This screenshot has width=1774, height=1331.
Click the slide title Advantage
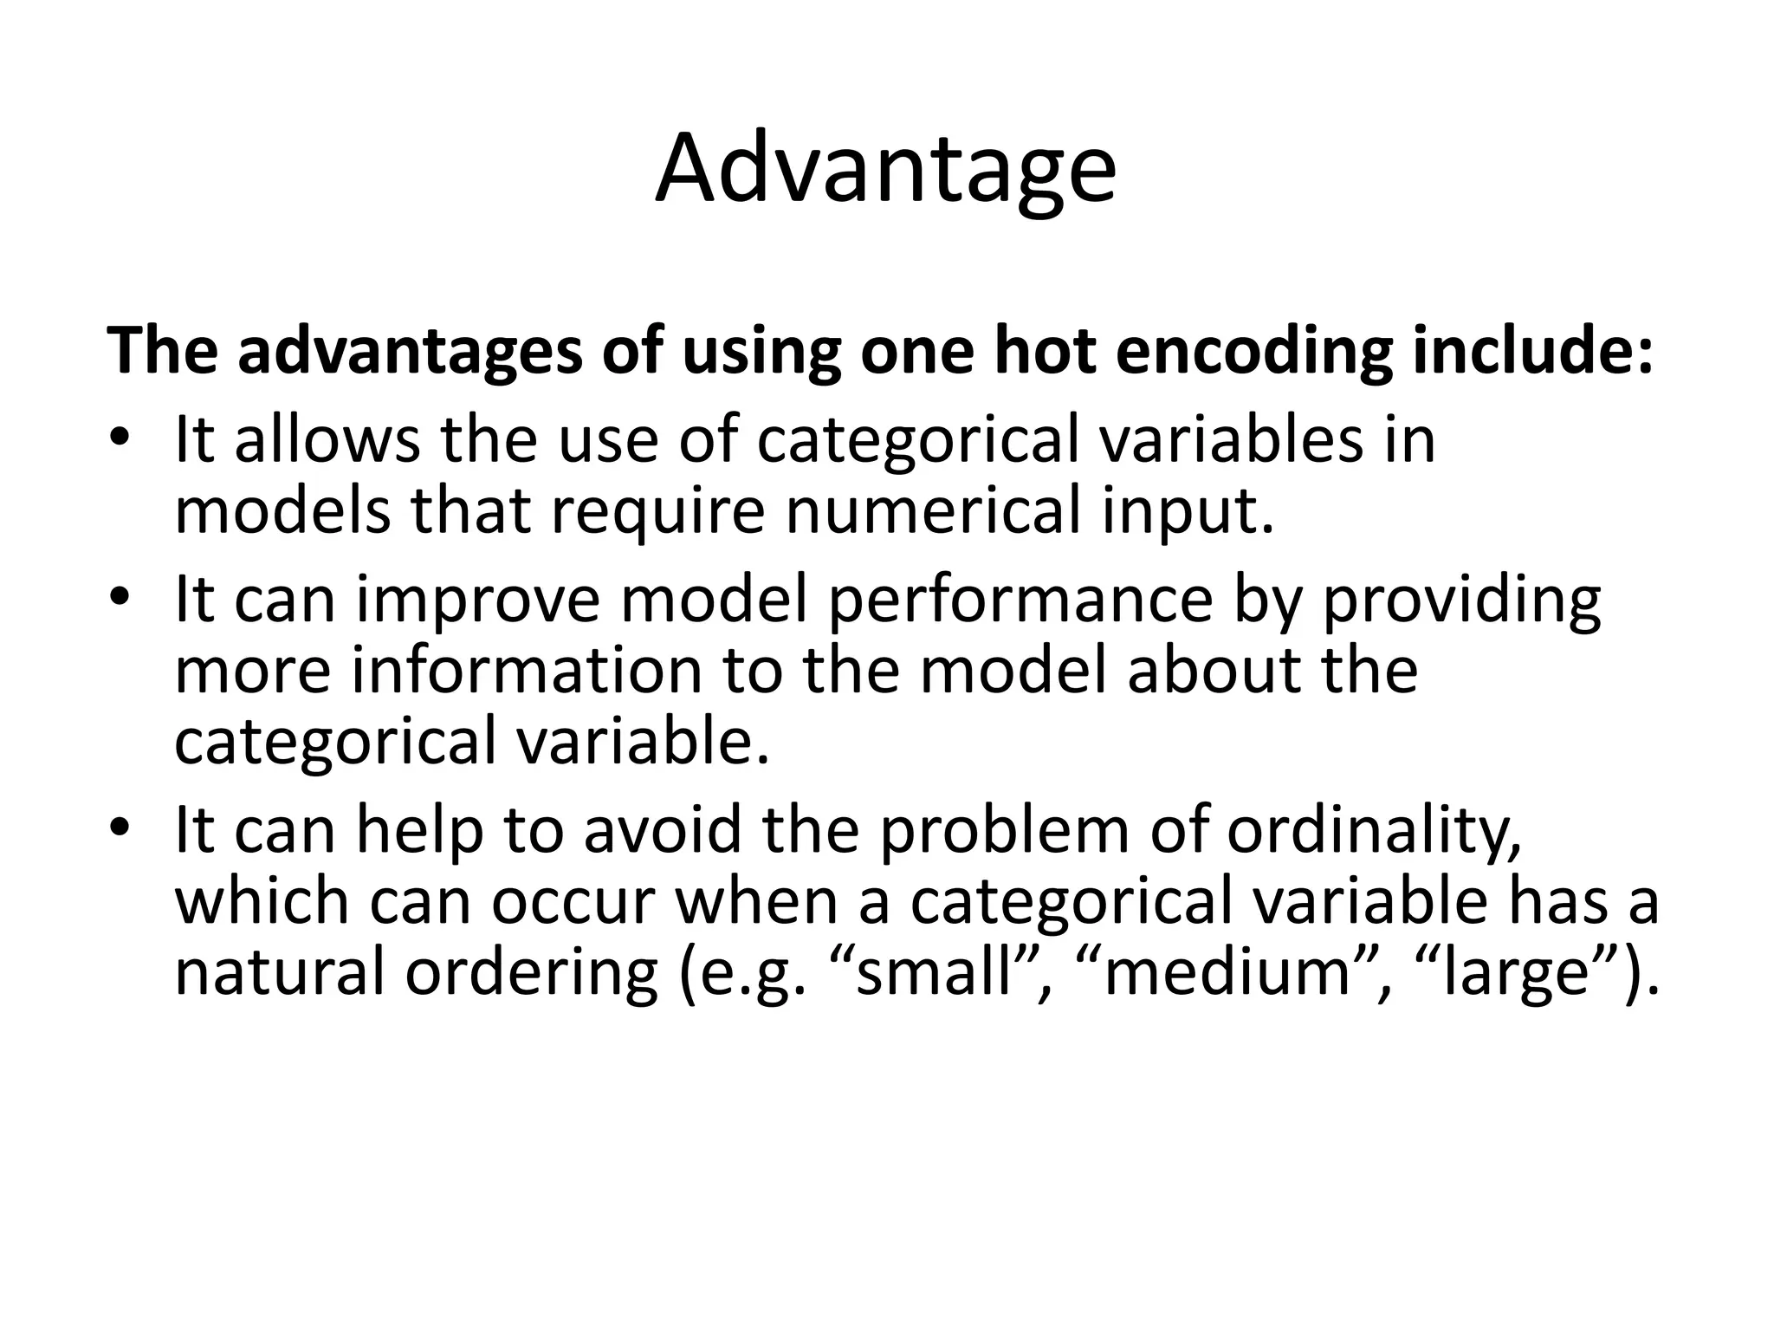click(x=885, y=169)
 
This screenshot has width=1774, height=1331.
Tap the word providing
click(x=1460, y=600)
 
